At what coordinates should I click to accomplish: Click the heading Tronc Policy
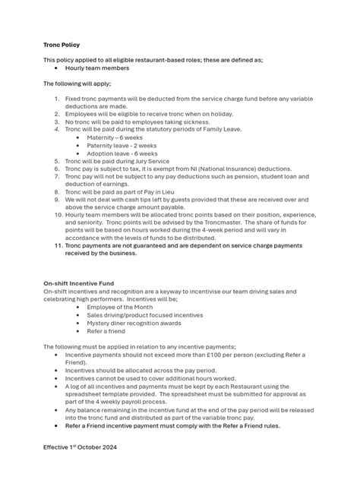click(62, 45)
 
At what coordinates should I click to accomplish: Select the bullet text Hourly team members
click(97, 68)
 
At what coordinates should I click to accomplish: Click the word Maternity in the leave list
click(102, 137)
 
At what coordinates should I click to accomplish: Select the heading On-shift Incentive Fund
click(78, 283)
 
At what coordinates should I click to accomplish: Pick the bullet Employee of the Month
click(121, 307)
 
